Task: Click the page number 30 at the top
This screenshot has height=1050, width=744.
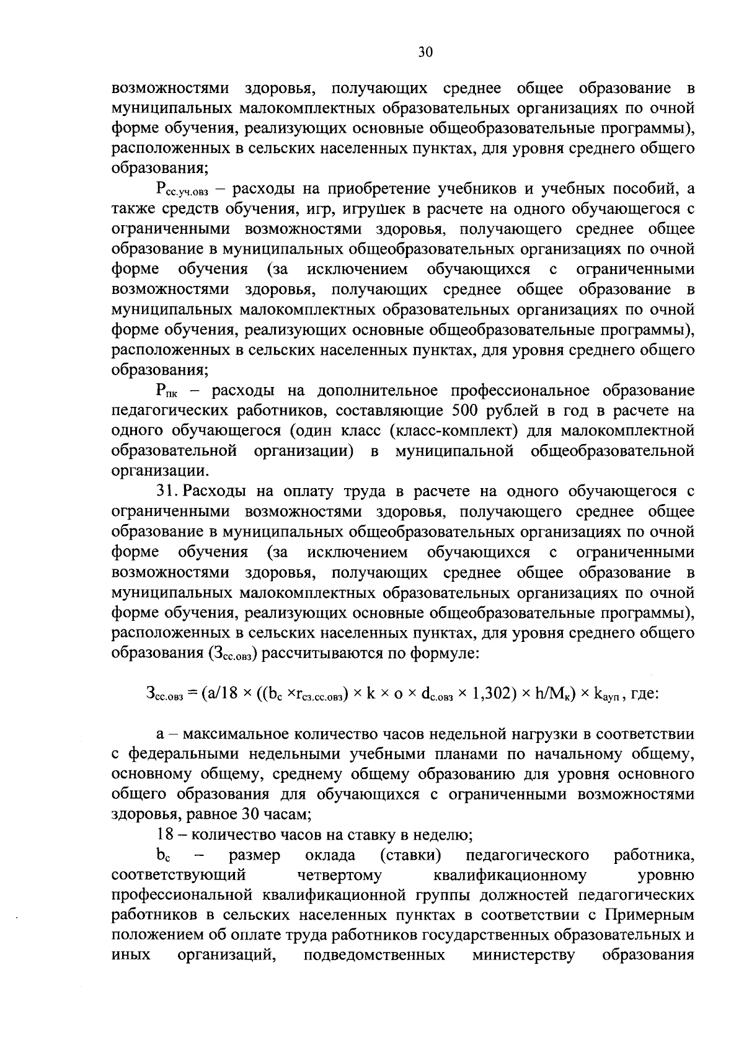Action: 425,52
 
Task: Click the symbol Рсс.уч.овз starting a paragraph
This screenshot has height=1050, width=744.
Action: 180,190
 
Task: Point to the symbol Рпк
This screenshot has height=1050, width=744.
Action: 167,392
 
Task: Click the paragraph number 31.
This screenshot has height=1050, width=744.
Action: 167,491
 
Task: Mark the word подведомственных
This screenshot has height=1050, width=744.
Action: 374,954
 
